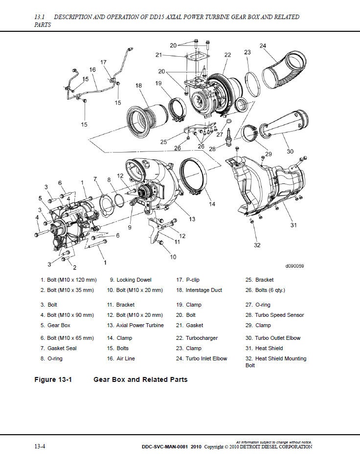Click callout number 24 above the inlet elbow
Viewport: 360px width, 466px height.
click(x=263, y=46)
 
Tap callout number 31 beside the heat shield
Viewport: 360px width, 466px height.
click(x=293, y=225)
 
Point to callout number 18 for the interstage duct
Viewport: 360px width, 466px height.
click(x=138, y=86)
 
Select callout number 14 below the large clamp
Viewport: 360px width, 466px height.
click(x=212, y=204)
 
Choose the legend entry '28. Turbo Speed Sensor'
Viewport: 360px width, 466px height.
click(x=274, y=315)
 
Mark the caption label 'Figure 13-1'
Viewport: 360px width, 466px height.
click(x=53, y=379)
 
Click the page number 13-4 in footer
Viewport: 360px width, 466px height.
click(x=40, y=446)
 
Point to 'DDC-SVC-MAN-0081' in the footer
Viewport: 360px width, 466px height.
click(x=163, y=446)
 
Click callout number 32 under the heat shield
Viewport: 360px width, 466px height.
click(x=257, y=245)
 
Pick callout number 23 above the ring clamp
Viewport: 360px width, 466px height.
click(x=247, y=52)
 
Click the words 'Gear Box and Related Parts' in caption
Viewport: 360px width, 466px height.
click(x=140, y=379)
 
